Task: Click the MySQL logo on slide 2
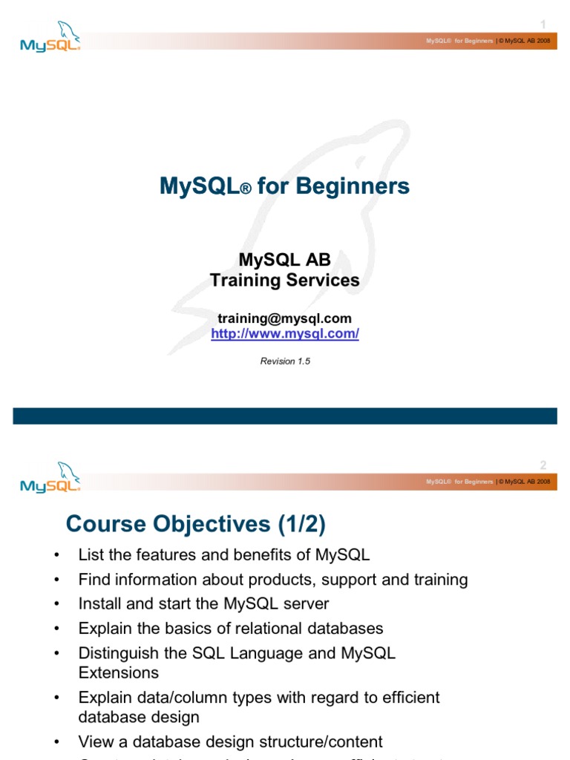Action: click(49, 478)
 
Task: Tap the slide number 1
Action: click(543, 24)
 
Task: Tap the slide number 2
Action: click(543, 465)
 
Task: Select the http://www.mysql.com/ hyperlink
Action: click(285, 334)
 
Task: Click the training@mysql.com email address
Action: click(285, 318)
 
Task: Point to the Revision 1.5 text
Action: click(285, 361)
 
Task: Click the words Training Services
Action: click(285, 280)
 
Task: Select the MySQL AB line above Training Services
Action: click(285, 260)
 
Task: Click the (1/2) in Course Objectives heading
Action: click(302, 524)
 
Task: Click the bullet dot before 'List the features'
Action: click(56, 556)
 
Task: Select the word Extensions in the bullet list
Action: click(119, 672)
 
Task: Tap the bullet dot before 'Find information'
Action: click(56, 580)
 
